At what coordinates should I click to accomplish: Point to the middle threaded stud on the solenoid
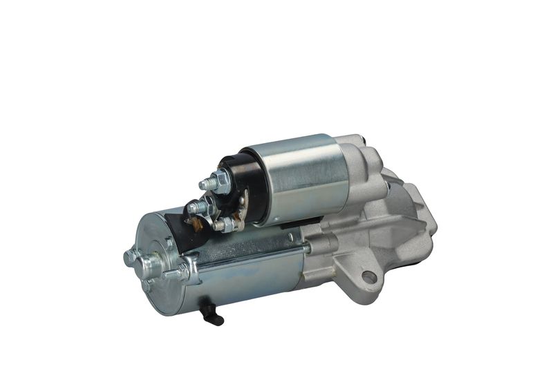tap(197, 205)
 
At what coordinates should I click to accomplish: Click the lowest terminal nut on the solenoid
tap(222, 224)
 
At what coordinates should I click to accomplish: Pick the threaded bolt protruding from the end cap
tap(173, 273)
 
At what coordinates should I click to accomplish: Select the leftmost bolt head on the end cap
tap(129, 257)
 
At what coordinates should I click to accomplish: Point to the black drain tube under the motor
tap(212, 316)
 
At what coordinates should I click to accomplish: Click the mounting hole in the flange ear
tap(369, 277)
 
